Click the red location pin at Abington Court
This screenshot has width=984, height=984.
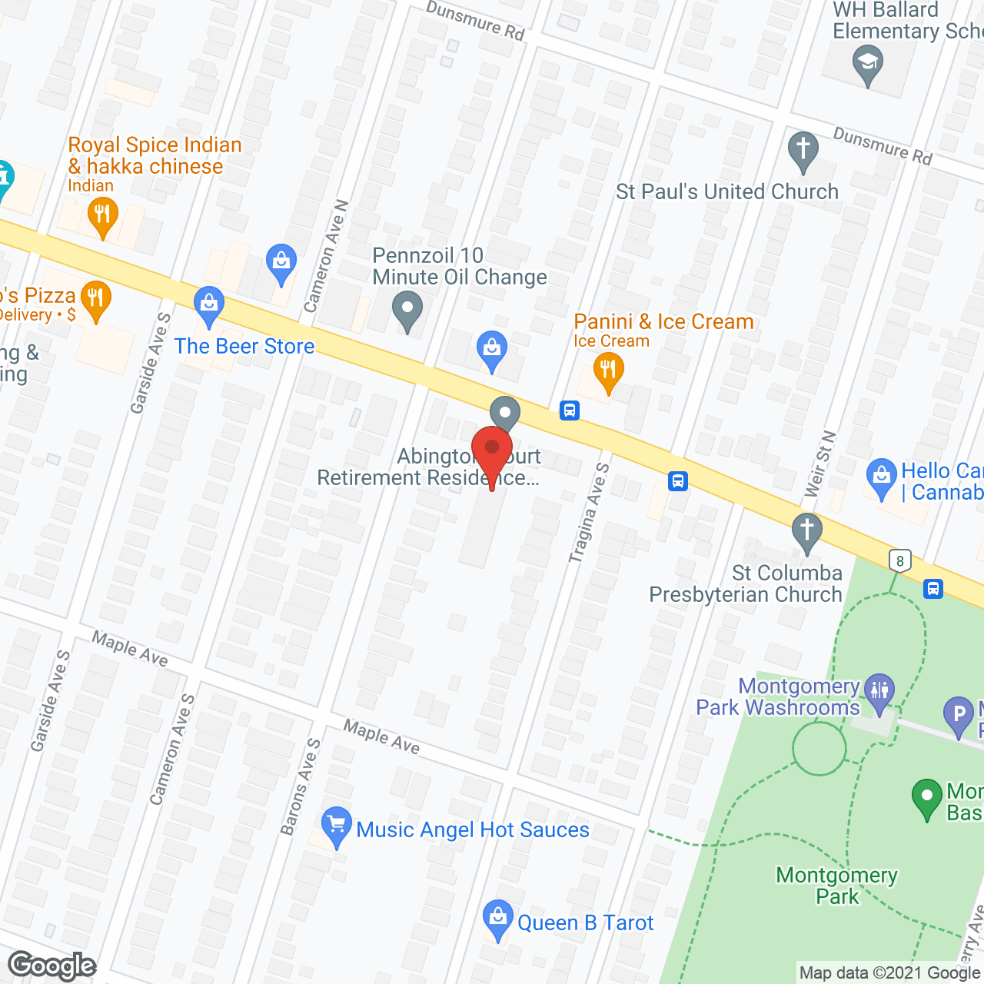pyautogui.click(x=492, y=450)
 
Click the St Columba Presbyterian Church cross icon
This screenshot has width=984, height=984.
pyautogui.click(x=807, y=530)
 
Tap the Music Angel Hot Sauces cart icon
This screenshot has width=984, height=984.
pyautogui.click(x=336, y=825)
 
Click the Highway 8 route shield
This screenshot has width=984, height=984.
pyautogui.click(x=899, y=560)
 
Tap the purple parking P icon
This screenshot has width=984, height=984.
pyautogui.click(x=959, y=714)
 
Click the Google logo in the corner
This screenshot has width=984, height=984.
pyautogui.click(x=52, y=966)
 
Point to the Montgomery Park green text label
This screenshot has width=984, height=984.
pyautogui.click(x=837, y=886)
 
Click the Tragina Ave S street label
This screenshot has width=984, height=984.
pyautogui.click(x=589, y=513)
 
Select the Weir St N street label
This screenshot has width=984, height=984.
pyautogui.click(x=820, y=464)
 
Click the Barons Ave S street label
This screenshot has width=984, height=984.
pyautogui.click(x=301, y=786)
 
